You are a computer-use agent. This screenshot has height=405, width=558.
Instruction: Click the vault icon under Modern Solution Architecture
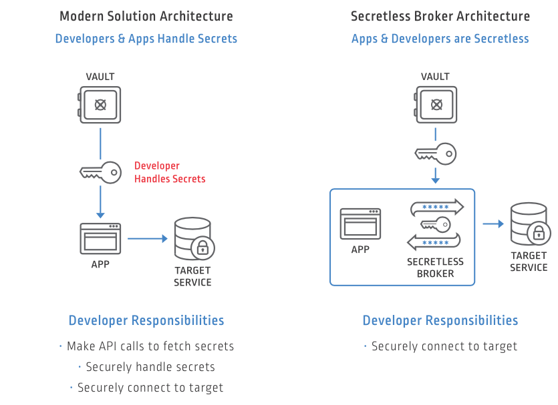tap(100, 104)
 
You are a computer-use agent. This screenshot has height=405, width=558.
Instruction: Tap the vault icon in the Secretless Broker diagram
tap(435, 104)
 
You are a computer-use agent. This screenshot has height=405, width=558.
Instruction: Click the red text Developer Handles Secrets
tap(170, 172)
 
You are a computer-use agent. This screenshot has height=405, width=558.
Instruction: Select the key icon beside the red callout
tap(100, 172)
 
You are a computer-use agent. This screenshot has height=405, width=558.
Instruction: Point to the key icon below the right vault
tap(435, 154)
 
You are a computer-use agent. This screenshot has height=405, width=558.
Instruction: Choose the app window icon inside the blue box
tap(360, 224)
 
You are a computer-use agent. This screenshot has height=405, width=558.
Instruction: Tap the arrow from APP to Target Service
tap(147, 238)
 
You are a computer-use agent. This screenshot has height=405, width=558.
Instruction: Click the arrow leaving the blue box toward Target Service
tap(493, 224)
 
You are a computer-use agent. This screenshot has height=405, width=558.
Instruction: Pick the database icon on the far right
tap(527, 224)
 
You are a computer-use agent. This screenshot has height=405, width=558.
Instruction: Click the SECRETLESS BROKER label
tap(435, 268)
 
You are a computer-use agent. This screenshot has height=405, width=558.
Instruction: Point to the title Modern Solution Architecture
tap(146, 16)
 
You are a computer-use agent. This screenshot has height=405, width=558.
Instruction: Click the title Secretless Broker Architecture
tap(440, 16)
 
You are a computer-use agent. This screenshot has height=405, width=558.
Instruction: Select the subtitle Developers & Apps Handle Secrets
tap(146, 39)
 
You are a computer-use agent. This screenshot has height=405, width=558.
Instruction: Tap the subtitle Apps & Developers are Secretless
tap(440, 39)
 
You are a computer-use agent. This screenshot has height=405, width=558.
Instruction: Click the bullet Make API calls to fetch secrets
tap(150, 346)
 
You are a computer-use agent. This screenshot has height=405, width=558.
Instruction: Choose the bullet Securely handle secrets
tap(150, 367)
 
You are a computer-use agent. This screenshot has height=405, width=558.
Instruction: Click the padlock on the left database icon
tap(202, 249)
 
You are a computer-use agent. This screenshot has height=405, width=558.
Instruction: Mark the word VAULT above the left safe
tap(100, 77)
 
